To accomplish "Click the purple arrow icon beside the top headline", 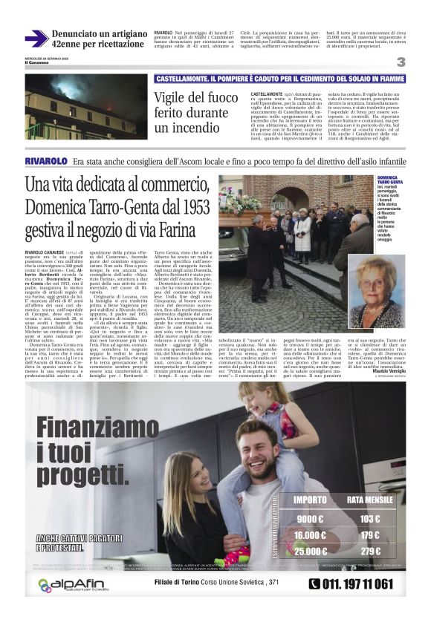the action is pyautogui.click(x=36, y=39).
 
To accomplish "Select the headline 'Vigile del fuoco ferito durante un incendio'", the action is pyautogui.click(x=195, y=112).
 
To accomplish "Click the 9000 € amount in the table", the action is pyautogui.click(x=310, y=519).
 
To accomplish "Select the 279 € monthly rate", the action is pyautogui.click(x=370, y=552).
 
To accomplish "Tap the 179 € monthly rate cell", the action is pyautogui.click(x=370, y=535).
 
